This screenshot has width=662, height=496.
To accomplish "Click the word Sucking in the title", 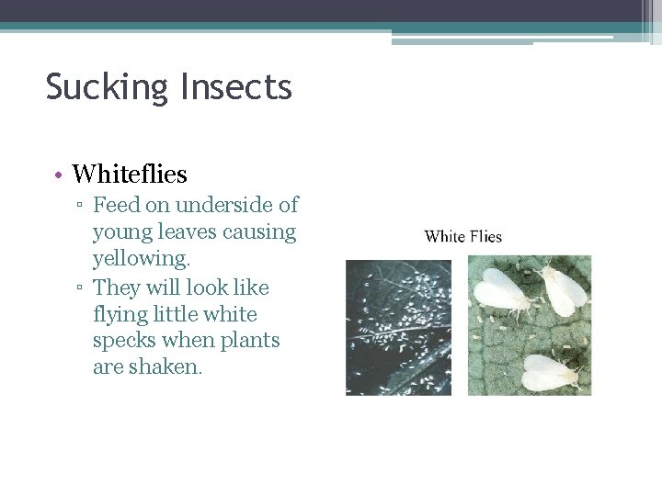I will coord(102,88).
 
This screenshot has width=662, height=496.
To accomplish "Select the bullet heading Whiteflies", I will coord(130,174).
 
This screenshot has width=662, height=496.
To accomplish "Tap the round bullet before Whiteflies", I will coord(57,175).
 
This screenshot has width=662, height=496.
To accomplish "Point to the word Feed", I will coord(116,205).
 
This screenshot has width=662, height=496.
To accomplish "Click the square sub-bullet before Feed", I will coord(81,206).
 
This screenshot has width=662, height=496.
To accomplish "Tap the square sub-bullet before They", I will coord(81,288).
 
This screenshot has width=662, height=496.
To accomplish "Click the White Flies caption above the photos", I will coord(463,237).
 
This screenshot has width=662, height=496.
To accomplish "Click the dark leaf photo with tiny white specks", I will coord(398,327).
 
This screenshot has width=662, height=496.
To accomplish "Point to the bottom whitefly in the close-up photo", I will coord(550,372).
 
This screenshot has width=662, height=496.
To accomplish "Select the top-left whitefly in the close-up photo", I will coord(501,292).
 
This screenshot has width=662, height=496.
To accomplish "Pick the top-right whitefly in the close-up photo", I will coord(563,287).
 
